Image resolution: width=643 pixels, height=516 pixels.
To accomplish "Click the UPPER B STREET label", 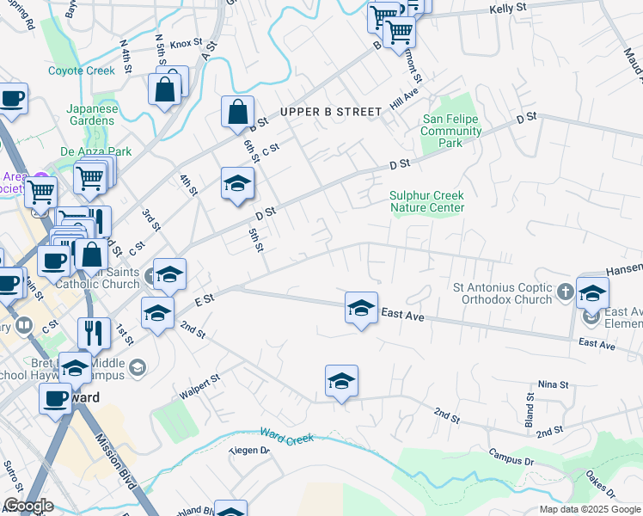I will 329,112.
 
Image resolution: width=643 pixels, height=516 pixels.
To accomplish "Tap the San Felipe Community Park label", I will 450,132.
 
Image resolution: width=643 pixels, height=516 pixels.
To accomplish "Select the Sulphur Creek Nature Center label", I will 426,201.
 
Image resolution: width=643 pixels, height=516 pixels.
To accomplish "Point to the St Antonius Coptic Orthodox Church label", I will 503,293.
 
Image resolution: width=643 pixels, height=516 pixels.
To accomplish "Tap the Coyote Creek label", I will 82,71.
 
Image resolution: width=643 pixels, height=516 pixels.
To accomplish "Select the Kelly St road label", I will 507,8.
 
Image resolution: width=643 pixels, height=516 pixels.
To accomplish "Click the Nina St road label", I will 553,384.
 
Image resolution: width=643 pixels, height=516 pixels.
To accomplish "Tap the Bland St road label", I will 530,409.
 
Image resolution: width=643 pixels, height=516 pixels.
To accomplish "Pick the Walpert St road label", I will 200,385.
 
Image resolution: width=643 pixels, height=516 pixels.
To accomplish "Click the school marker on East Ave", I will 361,308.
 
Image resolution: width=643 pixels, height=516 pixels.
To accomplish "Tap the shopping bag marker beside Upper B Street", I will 237,112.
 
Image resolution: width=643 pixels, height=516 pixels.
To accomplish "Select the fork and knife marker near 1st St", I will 94,332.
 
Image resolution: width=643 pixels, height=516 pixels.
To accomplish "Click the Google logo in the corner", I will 28,506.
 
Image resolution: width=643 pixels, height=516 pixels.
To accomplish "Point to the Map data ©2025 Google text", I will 590,509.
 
